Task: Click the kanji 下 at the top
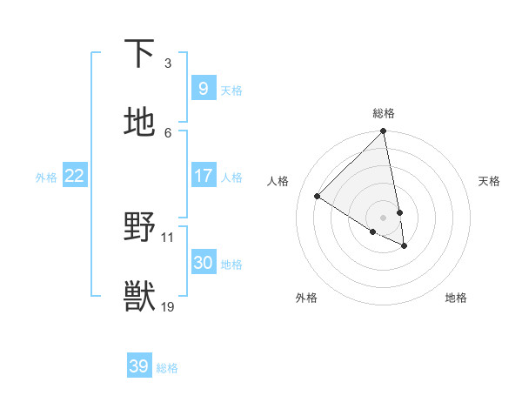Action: pos(139,54)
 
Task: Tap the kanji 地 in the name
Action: pos(139,123)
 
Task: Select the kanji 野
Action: pos(139,228)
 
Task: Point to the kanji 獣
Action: pos(139,297)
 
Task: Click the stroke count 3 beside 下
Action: pos(168,64)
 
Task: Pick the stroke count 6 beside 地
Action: pos(168,132)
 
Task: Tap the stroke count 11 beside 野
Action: pos(168,237)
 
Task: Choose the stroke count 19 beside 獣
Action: pos(168,306)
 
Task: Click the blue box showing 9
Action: pos(203,88)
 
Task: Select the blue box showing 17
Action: pos(203,176)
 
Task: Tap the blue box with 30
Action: pos(203,263)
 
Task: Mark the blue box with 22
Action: pos(74,176)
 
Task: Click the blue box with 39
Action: pos(138,366)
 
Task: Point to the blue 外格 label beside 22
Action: pos(46,178)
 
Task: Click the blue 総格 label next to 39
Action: pos(167,368)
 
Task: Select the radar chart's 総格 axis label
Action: pos(384,113)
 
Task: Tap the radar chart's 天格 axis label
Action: pos(489,181)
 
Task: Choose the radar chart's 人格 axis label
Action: pos(278,181)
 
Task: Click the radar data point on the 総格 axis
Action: pos(383,131)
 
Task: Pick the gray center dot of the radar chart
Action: pos(383,217)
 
